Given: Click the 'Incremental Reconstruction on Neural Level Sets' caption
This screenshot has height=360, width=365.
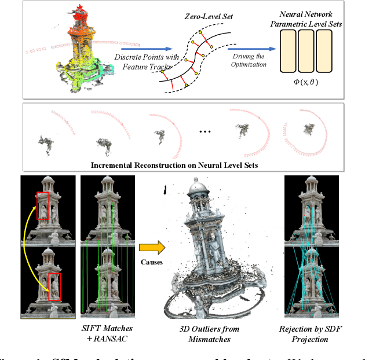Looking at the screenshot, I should [173, 165].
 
